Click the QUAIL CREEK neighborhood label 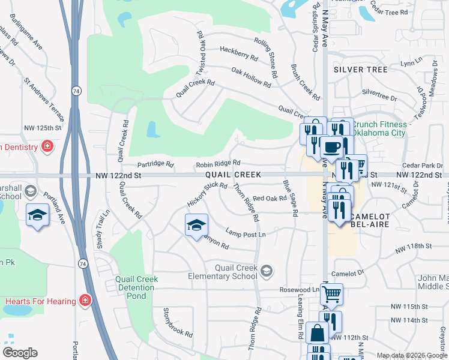pos(233,175)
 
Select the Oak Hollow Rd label pos(251,77)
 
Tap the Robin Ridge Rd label pos(218,163)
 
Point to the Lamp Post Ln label pos(246,233)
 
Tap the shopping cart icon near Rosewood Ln pos(331,294)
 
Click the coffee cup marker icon pos(331,146)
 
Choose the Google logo pos(20,353)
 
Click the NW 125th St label pos(43,128)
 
